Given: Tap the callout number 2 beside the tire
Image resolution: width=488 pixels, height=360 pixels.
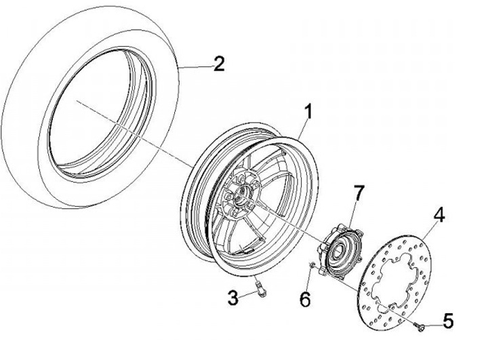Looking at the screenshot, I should click(218, 65).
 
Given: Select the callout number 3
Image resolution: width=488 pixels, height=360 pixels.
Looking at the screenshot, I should click(233, 296).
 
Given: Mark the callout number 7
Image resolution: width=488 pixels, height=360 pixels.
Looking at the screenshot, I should click(359, 191).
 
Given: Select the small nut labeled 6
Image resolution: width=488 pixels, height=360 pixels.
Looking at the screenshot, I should click(311, 265).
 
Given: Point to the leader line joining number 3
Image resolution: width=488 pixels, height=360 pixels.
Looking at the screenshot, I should click(249, 295).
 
